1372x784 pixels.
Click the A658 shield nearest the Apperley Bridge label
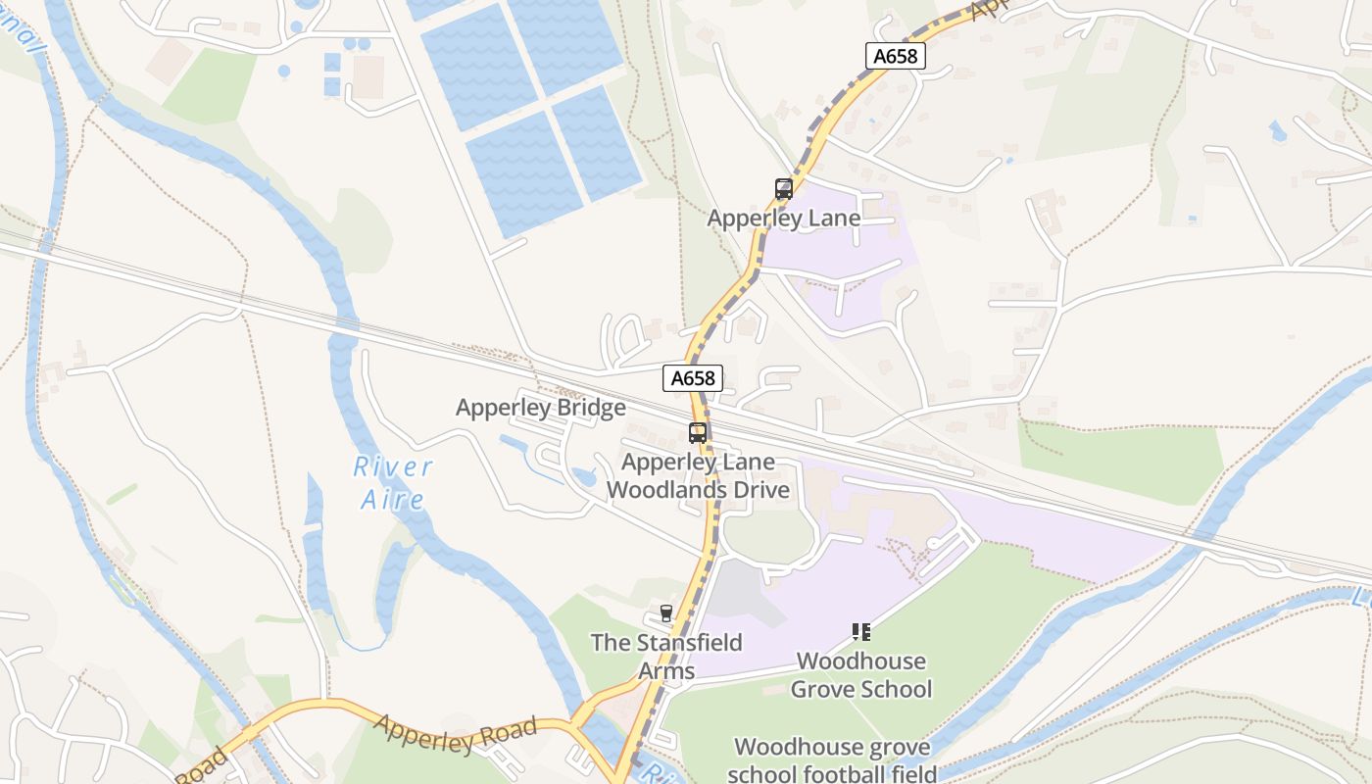coord(693,378)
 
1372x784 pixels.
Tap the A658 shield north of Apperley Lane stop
coord(895,56)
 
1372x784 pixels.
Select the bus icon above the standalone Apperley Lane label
coord(783,189)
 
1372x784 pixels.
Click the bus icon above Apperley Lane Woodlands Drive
coord(697,432)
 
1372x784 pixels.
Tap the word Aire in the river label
coord(392,500)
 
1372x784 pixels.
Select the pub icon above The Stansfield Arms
coord(666,613)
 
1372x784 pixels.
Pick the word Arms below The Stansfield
coord(666,671)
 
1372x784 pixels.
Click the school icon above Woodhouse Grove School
coord(860,632)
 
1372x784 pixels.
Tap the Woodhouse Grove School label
coord(860,675)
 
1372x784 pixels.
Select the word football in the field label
coord(831,774)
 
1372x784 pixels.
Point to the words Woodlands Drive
coord(699,490)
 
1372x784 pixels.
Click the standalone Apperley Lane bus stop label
coord(784,219)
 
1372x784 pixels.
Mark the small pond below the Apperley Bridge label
coord(584,477)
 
